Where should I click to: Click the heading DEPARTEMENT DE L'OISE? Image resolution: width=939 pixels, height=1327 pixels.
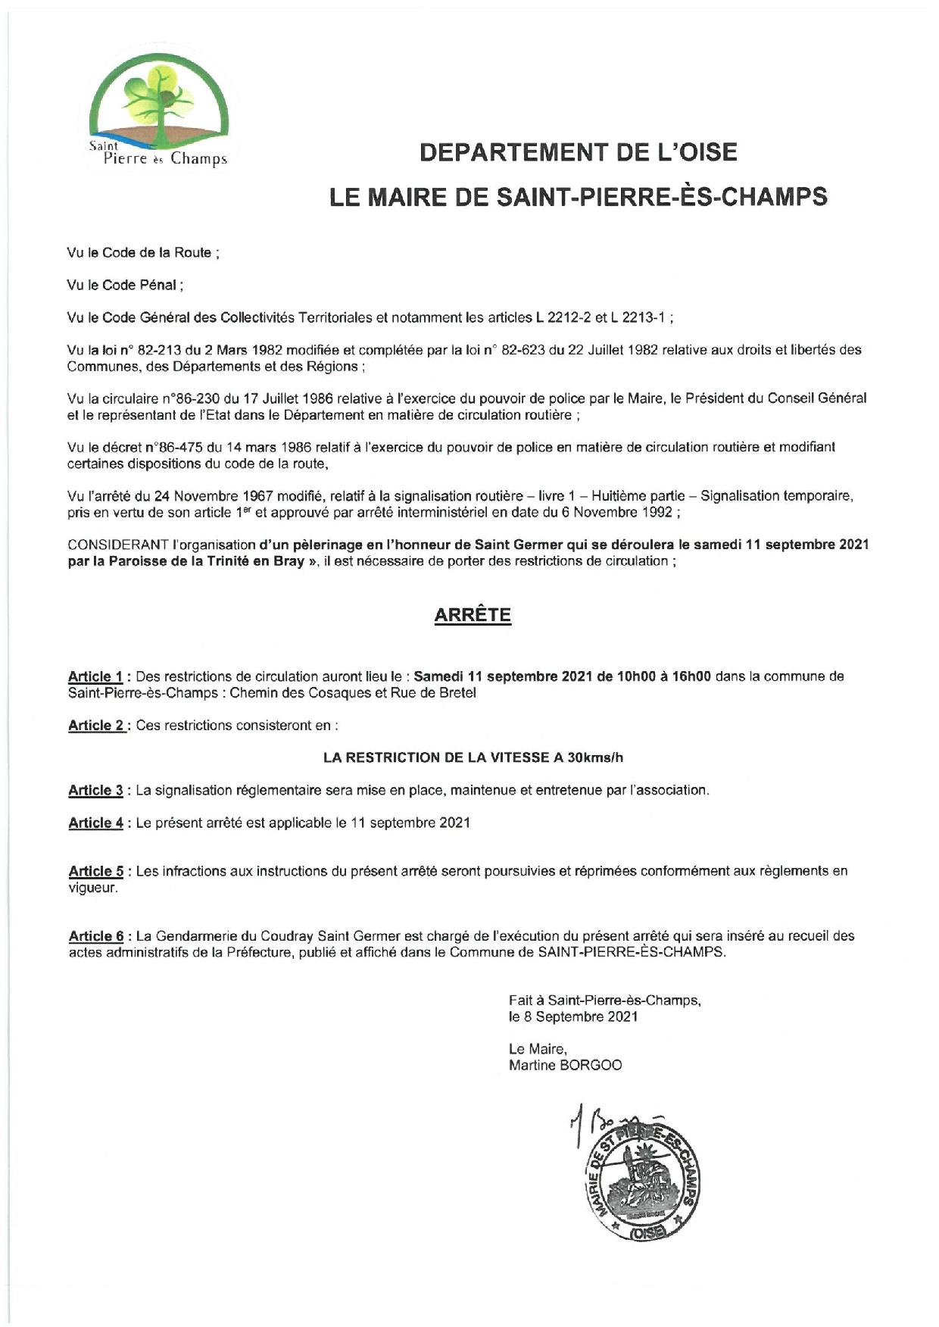click(x=578, y=152)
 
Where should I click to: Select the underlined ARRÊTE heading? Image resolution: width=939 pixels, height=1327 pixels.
click(x=473, y=615)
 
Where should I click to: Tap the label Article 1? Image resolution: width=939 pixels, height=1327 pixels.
click(x=95, y=676)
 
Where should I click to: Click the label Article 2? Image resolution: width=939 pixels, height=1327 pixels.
click(x=96, y=726)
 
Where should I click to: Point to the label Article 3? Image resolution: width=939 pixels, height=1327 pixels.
click(x=96, y=791)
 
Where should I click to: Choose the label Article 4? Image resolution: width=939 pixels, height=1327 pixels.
click(x=96, y=823)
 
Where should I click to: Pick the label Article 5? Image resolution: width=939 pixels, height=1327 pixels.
click(x=96, y=872)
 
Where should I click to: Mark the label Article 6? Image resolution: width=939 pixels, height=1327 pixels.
click(x=96, y=936)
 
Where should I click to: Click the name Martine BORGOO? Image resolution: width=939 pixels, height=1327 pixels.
click(x=565, y=1066)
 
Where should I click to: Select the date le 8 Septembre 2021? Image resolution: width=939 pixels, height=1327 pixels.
click(x=573, y=1017)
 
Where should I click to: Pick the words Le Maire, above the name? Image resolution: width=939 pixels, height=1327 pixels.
click(x=537, y=1049)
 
